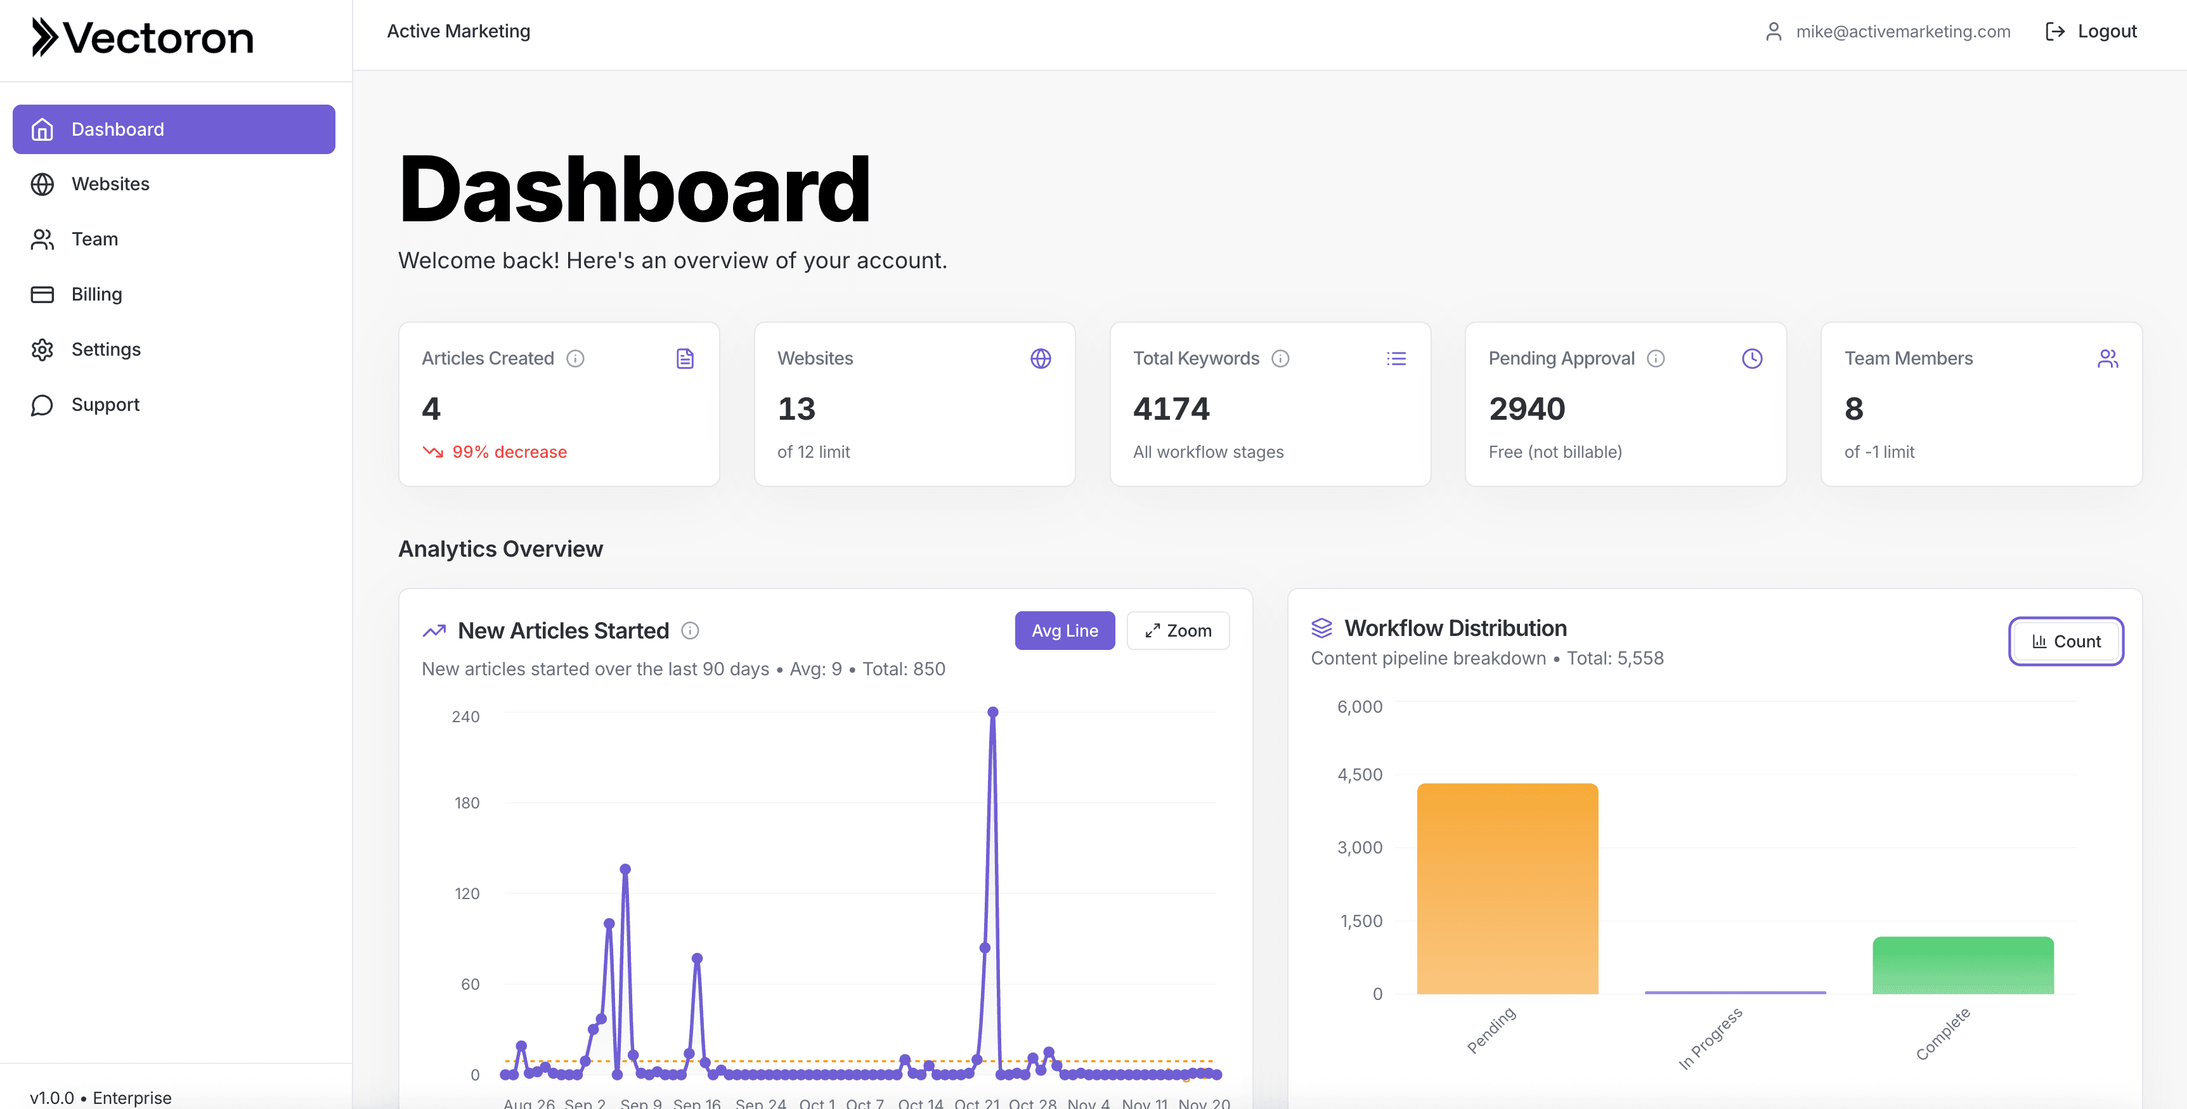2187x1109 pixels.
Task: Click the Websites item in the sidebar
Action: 110,185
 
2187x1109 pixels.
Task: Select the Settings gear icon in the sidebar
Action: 42,350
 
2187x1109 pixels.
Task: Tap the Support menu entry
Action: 105,405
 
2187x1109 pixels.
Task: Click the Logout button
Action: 2091,32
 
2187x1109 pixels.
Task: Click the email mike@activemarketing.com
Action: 1902,32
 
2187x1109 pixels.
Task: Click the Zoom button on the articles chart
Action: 1178,631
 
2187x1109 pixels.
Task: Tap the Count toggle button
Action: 2066,642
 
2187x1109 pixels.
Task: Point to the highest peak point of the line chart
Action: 992,713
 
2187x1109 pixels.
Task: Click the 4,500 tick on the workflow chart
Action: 1360,774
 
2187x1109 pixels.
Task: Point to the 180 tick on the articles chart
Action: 466,803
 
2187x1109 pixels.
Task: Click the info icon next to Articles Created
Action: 576,359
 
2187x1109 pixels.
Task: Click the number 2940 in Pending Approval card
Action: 1526,409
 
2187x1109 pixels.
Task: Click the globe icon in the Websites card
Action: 1040,359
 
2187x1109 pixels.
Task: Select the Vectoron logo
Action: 143,38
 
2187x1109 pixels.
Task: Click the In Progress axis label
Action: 1710,1038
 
